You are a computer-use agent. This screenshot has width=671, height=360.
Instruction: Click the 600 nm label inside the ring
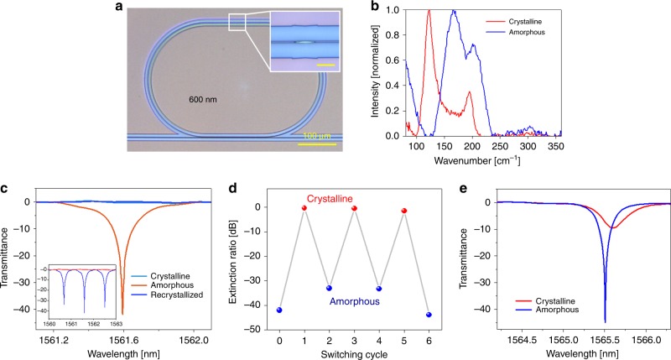pos(205,99)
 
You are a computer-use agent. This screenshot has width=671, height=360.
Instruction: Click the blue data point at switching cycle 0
pos(279,310)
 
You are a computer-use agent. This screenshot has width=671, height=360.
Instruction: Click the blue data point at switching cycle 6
pos(429,315)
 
